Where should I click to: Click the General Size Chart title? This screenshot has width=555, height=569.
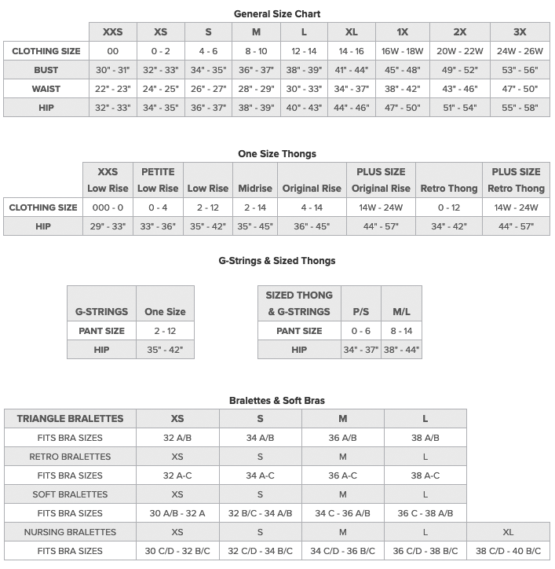click(x=277, y=14)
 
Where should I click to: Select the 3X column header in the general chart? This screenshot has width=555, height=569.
click(x=520, y=32)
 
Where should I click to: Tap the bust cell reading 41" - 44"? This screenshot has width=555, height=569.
click(x=351, y=70)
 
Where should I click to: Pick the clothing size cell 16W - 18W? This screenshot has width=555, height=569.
click(x=402, y=51)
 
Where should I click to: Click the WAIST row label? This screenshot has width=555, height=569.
click(x=46, y=89)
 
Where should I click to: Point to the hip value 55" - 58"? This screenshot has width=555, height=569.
click(x=520, y=108)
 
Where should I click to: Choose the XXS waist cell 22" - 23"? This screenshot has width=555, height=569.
click(x=112, y=89)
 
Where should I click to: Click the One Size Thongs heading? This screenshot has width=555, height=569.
click(x=277, y=154)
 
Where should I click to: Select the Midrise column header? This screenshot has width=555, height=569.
click(x=255, y=189)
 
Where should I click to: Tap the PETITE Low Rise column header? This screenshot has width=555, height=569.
click(x=158, y=180)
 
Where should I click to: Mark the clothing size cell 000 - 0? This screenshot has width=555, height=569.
click(x=108, y=207)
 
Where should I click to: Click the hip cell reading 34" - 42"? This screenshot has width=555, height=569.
click(x=449, y=226)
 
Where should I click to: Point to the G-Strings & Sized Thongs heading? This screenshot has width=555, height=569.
click(x=277, y=261)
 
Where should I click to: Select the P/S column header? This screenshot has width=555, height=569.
click(x=361, y=312)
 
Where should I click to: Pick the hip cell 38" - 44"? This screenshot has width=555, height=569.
click(x=401, y=350)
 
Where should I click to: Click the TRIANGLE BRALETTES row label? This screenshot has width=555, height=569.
click(x=70, y=419)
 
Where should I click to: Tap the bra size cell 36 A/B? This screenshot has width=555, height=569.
click(x=343, y=438)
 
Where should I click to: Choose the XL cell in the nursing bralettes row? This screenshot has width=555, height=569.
click(x=508, y=532)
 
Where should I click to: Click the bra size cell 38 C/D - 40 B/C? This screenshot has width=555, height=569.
click(x=508, y=551)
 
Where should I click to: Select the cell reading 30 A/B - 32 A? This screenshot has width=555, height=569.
click(x=177, y=513)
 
